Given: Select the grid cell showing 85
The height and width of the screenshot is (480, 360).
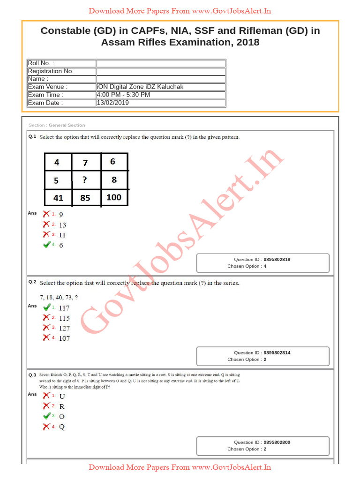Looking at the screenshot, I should (x=86, y=197).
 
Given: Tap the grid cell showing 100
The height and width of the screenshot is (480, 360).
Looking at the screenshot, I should (x=114, y=197).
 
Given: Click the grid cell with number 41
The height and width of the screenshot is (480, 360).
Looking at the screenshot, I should (x=58, y=197).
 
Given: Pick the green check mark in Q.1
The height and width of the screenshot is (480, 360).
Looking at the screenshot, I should (x=46, y=244).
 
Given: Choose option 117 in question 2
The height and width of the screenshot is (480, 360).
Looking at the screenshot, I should (x=64, y=308).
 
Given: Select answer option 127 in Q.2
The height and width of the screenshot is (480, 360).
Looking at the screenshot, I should (x=64, y=328).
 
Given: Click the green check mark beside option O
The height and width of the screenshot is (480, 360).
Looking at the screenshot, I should (x=46, y=416).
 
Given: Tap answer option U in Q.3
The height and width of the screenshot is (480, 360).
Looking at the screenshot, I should (x=62, y=396).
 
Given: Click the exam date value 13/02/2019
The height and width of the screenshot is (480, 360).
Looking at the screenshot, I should (x=112, y=103).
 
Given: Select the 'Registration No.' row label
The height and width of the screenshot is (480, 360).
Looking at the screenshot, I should (x=51, y=71).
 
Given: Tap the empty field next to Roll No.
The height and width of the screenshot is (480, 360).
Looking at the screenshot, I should (x=161, y=63).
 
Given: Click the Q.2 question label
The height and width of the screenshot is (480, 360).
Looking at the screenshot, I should (x=32, y=282).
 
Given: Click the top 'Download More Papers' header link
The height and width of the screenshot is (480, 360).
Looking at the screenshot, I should (x=180, y=11).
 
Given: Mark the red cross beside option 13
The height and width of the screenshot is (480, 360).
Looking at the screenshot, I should (x=46, y=225).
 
